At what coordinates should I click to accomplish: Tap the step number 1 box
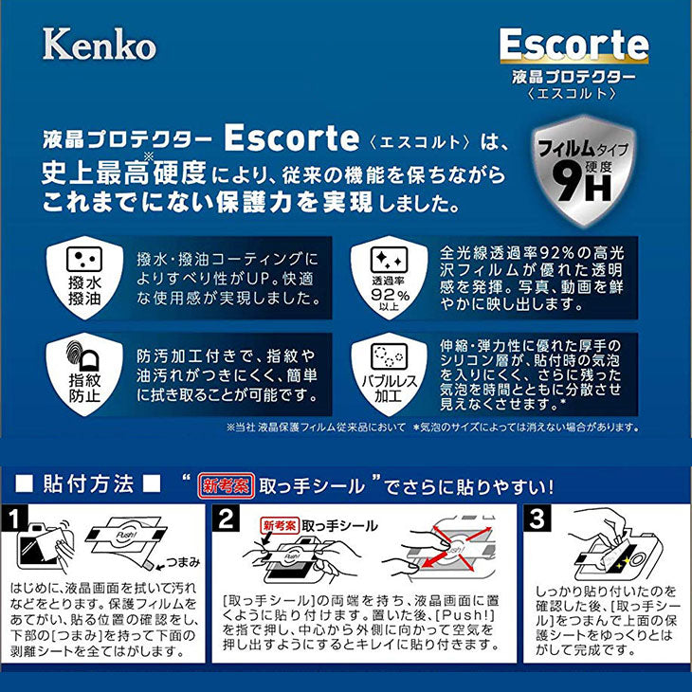click(x=14, y=518)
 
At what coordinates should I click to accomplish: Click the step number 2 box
click(x=226, y=518)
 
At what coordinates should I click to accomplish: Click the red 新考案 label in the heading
click(x=223, y=485)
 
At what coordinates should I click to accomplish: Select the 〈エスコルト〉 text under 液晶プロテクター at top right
click(x=574, y=93)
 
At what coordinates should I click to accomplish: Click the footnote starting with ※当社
click(x=319, y=427)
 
